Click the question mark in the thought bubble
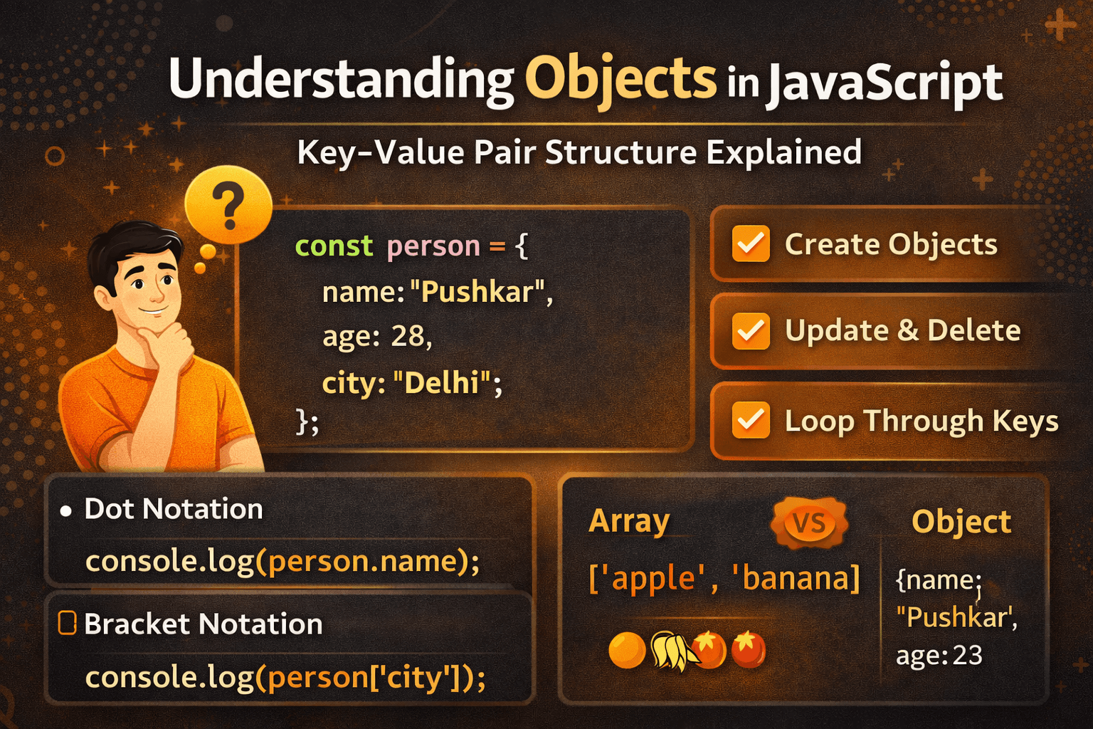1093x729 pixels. (x=228, y=206)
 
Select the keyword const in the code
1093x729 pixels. (x=334, y=246)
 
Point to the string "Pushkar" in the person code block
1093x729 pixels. (x=477, y=292)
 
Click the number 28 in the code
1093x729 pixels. (x=408, y=336)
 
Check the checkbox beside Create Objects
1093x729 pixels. (x=751, y=243)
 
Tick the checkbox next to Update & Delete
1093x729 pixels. (x=751, y=332)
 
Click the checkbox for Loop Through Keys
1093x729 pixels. (x=751, y=420)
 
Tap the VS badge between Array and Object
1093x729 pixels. (x=810, y=523)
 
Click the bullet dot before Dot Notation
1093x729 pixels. (x=66, y=511)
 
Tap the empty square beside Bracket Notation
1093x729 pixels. (x=67, y=623)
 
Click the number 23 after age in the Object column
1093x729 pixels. (x=968, y=655)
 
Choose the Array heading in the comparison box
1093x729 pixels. (x=629, y=522)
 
